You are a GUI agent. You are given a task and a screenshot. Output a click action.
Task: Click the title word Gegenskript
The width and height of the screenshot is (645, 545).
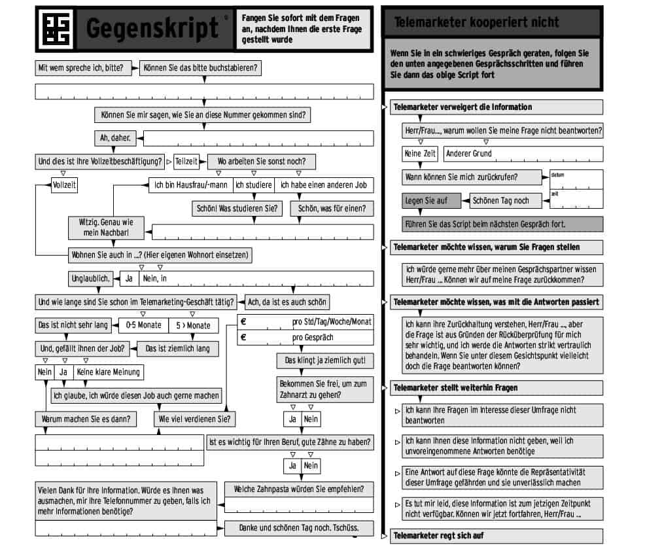click(152, 28)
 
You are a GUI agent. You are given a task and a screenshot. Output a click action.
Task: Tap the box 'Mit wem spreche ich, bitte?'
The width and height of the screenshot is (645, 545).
click(79, 67)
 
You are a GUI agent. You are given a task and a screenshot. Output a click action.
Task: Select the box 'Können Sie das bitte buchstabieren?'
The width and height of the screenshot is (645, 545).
click(201, 67)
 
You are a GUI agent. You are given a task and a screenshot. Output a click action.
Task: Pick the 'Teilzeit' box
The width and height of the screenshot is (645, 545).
click(186, 161)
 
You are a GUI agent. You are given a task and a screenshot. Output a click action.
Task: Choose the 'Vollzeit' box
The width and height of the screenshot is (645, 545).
click(64, 185)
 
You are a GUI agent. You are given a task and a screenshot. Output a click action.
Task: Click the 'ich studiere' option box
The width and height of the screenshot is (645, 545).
click(254, 185)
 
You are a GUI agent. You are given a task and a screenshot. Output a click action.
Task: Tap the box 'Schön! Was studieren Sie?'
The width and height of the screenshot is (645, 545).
click(237, 209)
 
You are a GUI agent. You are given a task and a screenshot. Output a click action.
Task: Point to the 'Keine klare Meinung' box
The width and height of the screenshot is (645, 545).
click(108, 372)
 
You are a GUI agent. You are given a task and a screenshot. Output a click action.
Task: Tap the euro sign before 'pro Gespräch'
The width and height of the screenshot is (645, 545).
click(243, 337)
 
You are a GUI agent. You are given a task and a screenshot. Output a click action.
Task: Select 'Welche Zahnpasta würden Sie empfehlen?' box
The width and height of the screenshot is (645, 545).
click(300, 489)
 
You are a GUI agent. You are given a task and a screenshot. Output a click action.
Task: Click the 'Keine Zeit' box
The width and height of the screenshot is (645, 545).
click(421, 154)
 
